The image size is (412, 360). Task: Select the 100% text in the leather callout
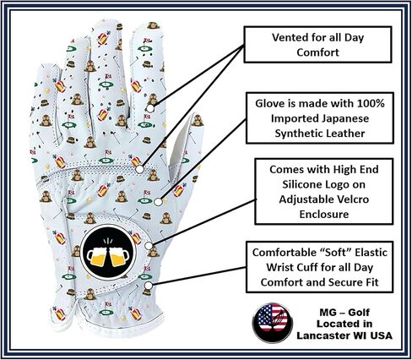371,103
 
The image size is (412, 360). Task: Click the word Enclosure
324,214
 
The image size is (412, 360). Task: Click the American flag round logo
273,323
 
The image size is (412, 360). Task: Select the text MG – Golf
344,312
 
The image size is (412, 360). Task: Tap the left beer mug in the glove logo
97,255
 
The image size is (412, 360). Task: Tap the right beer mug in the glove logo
119,256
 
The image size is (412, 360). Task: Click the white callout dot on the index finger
150,108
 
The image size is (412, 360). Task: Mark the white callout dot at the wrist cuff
149,286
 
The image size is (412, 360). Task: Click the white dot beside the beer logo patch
149,245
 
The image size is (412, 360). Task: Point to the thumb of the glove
184,146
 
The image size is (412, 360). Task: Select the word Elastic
371,252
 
